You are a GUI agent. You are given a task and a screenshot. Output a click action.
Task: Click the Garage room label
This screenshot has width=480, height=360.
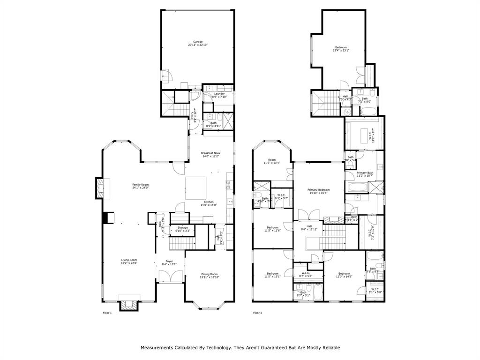(198, 43)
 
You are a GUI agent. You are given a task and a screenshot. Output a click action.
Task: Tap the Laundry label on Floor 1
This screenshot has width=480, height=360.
(220, 95)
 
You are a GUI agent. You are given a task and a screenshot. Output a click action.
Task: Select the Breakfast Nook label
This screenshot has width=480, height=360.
(210, 155)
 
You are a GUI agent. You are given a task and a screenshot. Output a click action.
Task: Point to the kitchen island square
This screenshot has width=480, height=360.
(196, 187)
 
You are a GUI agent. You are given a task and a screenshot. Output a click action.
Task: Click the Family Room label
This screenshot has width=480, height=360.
(140, 186)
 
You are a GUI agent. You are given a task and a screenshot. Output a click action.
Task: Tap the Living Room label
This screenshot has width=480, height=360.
(129, 261)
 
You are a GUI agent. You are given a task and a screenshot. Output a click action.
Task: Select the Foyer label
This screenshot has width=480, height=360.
(169, 262)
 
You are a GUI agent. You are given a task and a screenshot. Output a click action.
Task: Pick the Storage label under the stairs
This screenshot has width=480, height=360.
(182, 229)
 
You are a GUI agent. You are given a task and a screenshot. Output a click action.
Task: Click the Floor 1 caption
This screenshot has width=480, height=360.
(107, 313)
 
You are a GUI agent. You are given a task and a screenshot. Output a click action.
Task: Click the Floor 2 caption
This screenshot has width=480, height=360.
(257, 313)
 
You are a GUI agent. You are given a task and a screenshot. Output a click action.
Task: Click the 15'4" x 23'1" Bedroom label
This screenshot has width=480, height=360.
(341, 49)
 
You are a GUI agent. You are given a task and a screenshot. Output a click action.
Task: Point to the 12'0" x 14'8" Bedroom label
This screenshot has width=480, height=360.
(344, 275)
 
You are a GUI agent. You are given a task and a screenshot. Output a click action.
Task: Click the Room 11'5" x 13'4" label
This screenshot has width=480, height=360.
(271, 161)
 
